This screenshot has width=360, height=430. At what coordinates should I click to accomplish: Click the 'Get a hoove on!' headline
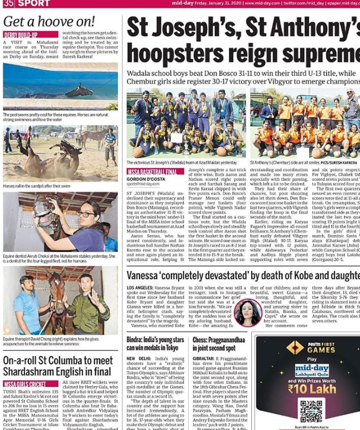50,22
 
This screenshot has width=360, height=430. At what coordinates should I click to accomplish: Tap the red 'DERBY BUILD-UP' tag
21,35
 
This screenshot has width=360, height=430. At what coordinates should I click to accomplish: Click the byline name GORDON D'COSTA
146,178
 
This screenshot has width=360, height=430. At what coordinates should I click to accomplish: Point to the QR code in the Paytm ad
311,411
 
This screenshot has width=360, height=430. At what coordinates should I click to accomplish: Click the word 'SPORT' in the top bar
34,3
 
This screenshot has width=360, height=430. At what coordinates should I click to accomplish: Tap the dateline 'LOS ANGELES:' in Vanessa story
140,288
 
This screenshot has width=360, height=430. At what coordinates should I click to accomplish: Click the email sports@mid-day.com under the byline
143,185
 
